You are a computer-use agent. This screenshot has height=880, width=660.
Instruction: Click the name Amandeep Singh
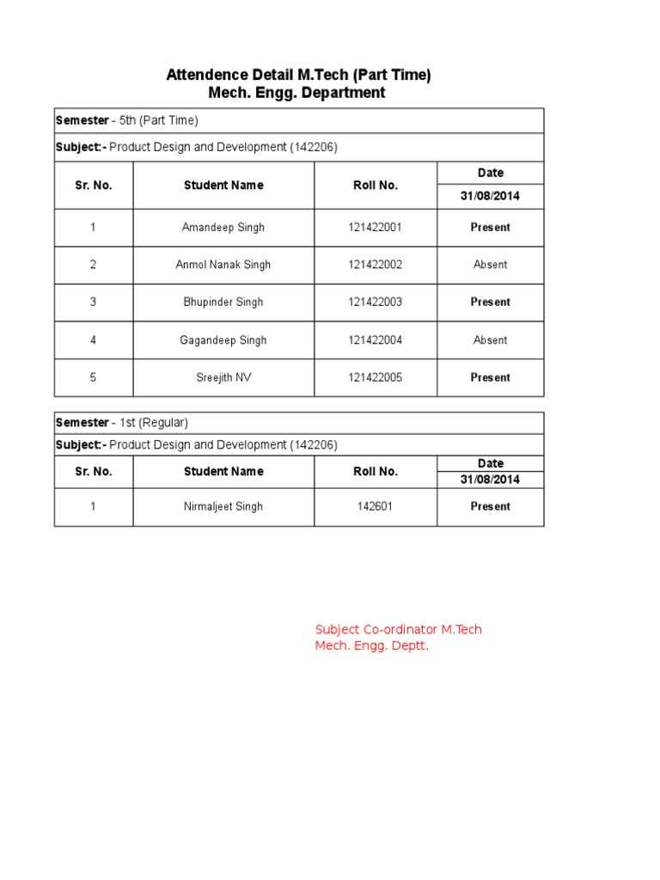(x=223, y=228)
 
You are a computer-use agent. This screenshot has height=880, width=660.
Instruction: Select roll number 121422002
(x=375, y=265)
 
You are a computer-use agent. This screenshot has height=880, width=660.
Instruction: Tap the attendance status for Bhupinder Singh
(x=490, y=302)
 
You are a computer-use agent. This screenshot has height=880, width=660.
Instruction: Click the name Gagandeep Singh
(x=223, y=340)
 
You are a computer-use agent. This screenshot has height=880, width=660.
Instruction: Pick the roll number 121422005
(x=375, y=377)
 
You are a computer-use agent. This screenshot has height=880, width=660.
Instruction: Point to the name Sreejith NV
(x=223, y=377)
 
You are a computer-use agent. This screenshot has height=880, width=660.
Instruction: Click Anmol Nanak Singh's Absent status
(x=490, y=265)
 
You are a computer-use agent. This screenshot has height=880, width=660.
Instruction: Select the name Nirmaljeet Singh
(x=223, y=507)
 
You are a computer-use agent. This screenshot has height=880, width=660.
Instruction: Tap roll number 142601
(x=375, y=507)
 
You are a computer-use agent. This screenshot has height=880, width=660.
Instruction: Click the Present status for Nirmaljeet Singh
(x=490, y=507)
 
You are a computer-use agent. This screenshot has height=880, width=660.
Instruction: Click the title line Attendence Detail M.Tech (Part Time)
(x=298, y=76)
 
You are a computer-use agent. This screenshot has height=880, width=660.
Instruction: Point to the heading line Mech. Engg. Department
(x=296, y=93)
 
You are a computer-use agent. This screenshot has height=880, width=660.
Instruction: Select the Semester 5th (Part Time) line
(x=127, y=120)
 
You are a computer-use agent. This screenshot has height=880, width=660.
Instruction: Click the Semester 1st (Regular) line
(x=122, y=423)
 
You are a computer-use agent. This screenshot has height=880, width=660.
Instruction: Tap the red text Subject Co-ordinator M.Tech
(x=398, y=629)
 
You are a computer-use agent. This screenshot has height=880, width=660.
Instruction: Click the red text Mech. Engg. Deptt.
(x=371, y=646)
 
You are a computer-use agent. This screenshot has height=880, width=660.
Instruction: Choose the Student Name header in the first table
(x=223, y=186)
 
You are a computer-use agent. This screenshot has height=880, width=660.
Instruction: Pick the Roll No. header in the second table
(x=375, y=472)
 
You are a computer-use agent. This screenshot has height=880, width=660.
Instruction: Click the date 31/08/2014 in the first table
(x=490, y=196)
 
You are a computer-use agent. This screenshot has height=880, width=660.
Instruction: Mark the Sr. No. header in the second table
(x=93, y=472)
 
